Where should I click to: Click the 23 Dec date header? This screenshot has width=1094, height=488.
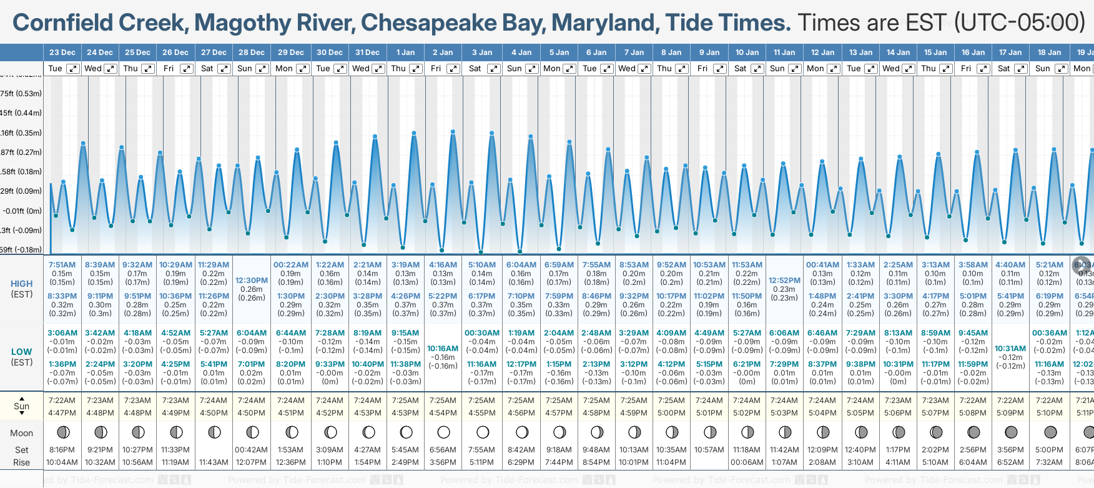62,52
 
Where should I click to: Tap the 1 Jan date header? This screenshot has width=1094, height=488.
405,52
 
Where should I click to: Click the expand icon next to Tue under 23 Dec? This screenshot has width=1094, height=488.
73,69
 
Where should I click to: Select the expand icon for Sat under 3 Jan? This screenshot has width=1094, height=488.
493,69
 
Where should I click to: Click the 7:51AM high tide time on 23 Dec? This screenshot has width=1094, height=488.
62,265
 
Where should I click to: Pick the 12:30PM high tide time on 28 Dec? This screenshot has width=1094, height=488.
252,281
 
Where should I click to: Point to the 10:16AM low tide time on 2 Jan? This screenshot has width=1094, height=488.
443,349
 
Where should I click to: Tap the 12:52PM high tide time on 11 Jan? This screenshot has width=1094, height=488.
784,281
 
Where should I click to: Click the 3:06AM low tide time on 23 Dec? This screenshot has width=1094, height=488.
62,333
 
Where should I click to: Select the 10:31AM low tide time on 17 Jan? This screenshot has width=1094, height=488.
1010,349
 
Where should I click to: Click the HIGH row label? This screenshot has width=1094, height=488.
22,284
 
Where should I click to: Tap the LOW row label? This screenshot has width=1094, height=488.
22,352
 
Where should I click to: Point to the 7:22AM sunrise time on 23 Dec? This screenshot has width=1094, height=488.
62,401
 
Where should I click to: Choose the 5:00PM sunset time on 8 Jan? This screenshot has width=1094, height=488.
671,413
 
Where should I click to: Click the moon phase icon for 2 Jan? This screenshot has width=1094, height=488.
443,432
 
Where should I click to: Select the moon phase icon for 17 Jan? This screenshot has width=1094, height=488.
1011,432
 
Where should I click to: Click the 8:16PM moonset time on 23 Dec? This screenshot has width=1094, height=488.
62,450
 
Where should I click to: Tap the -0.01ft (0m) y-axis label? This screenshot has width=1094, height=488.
22,211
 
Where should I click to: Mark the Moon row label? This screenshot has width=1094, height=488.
21,433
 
